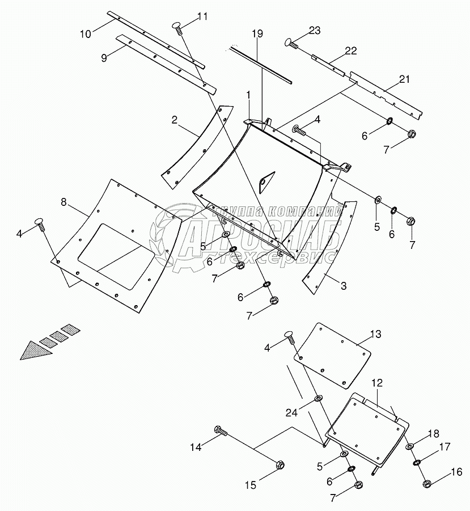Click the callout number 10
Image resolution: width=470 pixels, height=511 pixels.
(x=85, y=33)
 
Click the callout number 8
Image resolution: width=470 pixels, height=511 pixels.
(x=63, y=202)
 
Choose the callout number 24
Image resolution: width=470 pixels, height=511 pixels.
(x=291, y=413)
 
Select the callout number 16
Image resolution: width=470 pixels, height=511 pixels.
(x=456, y=471)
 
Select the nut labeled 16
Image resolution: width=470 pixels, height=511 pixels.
(x=427, y=484)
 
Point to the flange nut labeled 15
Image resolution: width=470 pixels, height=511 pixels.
(x=279, y=465)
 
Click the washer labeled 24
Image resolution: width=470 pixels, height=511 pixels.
(x=317, y=398)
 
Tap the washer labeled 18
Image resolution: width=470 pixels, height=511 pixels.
(x=409, y=447)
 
